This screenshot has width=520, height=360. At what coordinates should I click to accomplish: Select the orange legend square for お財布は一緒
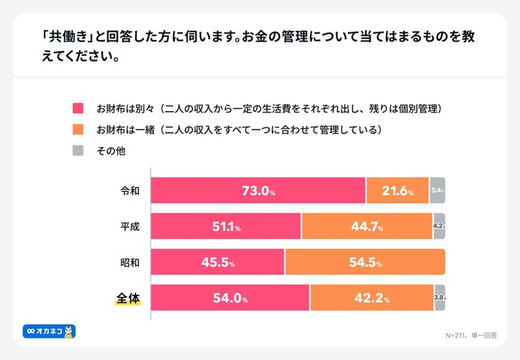click(79, 129)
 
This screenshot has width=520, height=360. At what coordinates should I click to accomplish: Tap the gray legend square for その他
click(79, 150)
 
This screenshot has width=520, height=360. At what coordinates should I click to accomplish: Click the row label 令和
click(129, 191)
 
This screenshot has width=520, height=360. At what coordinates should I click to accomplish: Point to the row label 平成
click(129, 227)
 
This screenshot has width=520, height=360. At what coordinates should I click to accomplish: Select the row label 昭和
click(129, 262)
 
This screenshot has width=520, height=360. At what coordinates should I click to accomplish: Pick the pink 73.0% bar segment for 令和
click(258, 191)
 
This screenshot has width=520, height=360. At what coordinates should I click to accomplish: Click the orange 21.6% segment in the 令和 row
click(397, 191)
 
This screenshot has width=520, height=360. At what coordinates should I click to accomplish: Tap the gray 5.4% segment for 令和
click(437, 191)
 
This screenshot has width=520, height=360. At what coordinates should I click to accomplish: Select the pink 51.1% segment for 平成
click(226, 227)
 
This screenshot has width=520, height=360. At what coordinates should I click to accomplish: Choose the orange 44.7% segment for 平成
click(366, 227)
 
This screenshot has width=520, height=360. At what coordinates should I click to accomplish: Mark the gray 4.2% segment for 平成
click(439, 227)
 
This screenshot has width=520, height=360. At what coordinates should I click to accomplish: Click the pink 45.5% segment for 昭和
click(218, 262)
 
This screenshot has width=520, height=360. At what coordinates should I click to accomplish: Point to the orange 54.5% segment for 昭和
click(365, 262)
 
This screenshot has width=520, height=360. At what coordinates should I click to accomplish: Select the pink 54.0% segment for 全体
click(230, 298)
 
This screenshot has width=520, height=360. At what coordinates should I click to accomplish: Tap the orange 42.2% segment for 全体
click(371, 298)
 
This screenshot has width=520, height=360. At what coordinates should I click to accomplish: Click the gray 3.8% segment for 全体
click(440, 298)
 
